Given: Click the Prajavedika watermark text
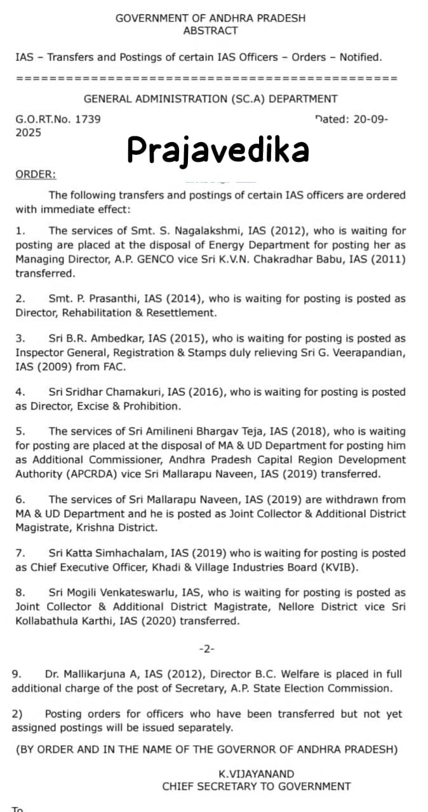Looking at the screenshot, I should [218, 150].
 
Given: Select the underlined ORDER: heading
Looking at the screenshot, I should [36, 174].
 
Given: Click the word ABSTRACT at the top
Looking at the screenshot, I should [210, 30].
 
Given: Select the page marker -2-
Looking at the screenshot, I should [207, 648].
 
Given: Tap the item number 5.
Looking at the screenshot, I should [20, 431].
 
